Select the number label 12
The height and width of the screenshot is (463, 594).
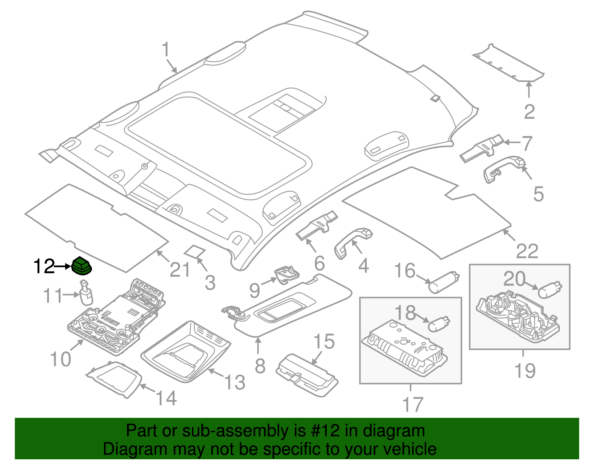coord(44,266)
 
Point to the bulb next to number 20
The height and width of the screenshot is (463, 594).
coord(550,290)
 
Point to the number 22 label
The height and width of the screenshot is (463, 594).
coord(527,252)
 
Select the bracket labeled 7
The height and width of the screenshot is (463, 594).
coord(482,149)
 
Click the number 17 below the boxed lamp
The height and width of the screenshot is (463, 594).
coord(412,404)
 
